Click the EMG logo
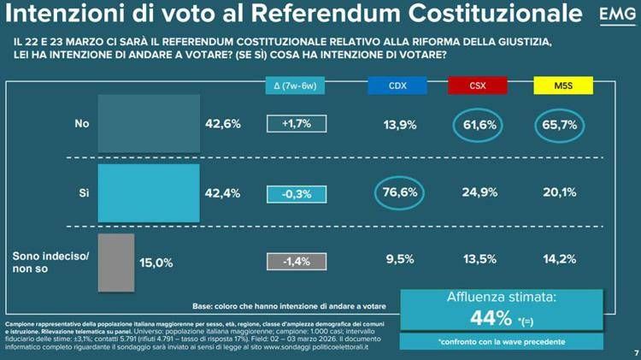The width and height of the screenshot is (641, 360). pos(613,17)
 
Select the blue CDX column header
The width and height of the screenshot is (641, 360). pos(397,86)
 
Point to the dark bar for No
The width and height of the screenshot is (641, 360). pos(149,124)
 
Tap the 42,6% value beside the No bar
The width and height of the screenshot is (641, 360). pos(224,124)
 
